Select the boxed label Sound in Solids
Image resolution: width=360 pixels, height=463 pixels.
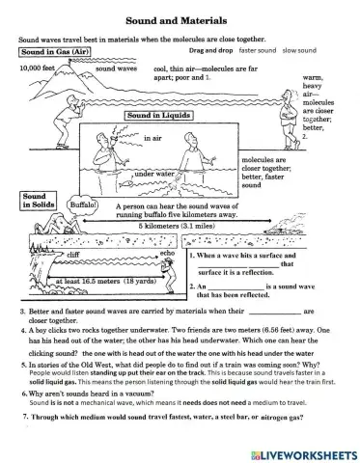pyautogui.click(x=34, y=200)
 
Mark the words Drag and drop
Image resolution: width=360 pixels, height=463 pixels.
pyautogui.click(x=210, y=48)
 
